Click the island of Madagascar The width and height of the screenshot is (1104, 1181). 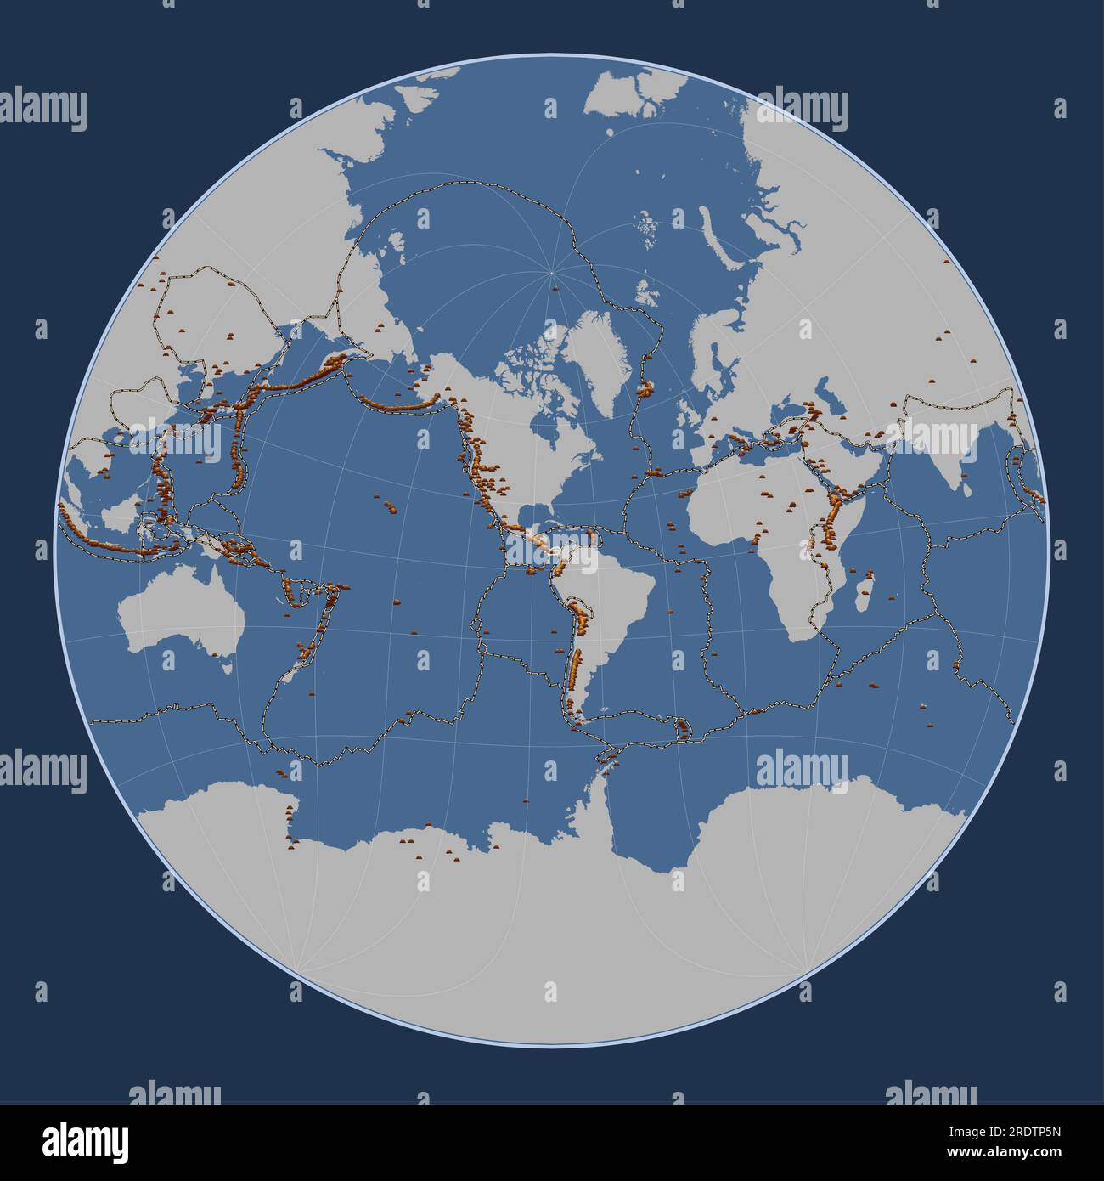pos(863,593)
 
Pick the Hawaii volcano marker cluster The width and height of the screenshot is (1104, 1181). pos(390,506)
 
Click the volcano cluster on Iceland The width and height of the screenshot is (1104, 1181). pos(645,389)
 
